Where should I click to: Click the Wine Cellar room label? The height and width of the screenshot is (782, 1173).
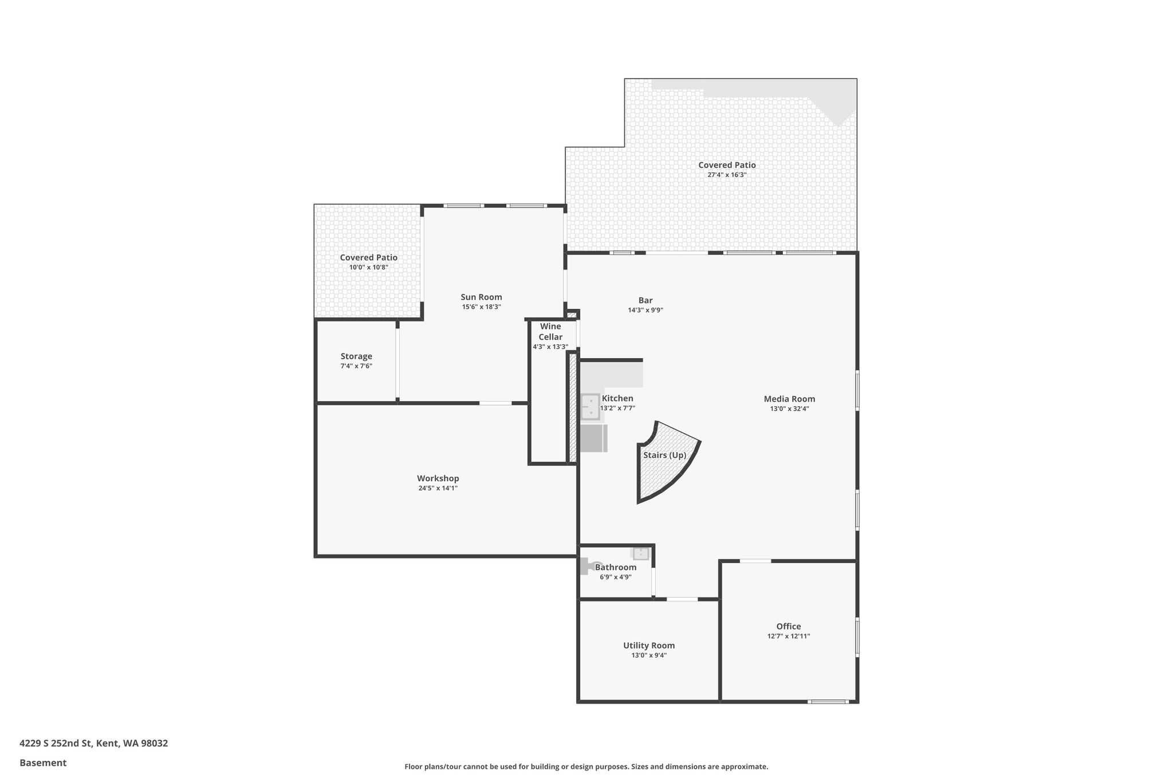[550, 332]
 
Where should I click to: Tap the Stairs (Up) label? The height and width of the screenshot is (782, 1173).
[664, 455]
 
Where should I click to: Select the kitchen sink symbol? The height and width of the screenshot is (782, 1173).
[589, 407]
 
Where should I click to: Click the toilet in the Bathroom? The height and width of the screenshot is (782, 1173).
[588, 567]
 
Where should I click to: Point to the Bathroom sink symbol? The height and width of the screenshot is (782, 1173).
[640, 553]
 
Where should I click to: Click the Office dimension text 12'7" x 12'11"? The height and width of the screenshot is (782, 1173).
[788, 636]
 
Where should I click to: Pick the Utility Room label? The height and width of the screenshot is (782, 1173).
[649, 646]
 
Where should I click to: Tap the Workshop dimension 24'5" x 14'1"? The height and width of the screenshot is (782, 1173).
[438, 489]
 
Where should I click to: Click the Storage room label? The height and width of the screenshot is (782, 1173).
[356, 356]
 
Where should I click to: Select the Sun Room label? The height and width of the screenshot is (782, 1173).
[481, 297]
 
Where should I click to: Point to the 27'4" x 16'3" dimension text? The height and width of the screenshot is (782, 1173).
[726, 175]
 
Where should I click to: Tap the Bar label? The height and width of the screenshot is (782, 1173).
[645, 300]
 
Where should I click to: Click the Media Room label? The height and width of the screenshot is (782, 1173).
[789, 399]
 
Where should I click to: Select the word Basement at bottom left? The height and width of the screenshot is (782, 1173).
[43, 763]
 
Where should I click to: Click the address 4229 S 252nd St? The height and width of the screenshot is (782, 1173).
[56, 743]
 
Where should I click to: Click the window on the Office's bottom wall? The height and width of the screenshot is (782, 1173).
[828, 701]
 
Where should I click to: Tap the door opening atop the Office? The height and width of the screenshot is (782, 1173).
[755, 561]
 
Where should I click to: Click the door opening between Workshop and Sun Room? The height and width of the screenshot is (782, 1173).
[495, 403]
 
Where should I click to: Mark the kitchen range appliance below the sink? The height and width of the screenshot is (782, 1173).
[593, 438]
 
